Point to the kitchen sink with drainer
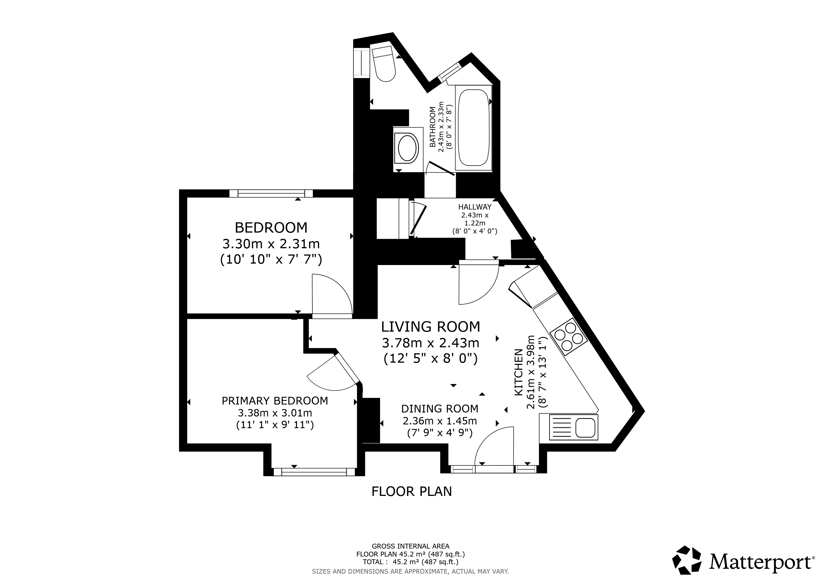(x=568, y=428)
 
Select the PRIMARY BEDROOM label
(x=275, y=401)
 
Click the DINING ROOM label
(x=440, y=408)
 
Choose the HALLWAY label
(x=475, y=207)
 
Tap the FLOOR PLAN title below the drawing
(x=412, y=491)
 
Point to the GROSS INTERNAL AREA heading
(x=411, y=546)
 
